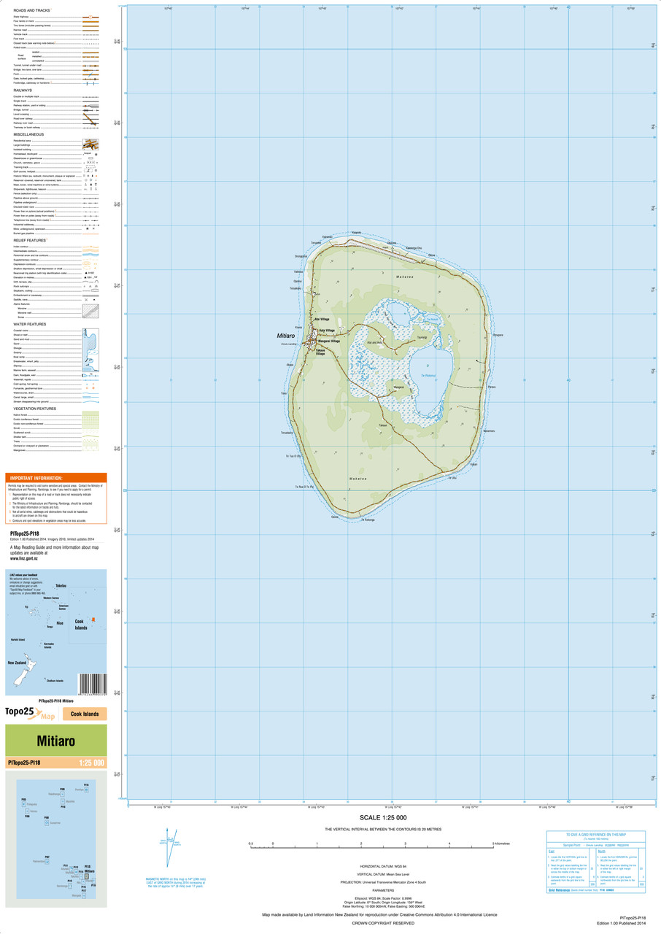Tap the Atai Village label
pyautogui.click(x=322, y=320)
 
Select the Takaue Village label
pyautogui.click(x=320, y=352)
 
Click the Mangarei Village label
pyautogui.click(x=330, y=341)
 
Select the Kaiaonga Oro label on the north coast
pyautogui.click(x=414, y=248)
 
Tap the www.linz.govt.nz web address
pyautogui.click(x=25, y=558)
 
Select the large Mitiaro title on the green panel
pyautogui.click(x=56, y=741)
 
